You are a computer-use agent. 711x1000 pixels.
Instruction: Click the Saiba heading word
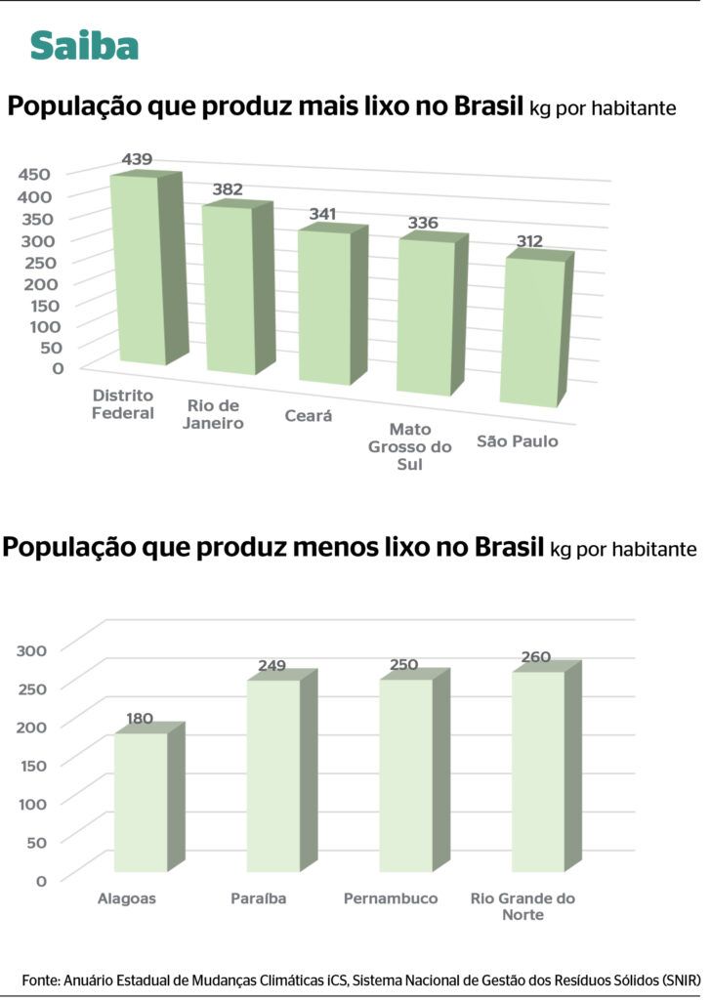84,45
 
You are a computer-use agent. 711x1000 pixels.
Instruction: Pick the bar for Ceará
325,307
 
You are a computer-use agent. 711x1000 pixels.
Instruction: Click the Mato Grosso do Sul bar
425,316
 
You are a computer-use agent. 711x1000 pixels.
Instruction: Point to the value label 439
137,159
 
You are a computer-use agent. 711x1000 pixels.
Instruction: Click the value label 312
530,241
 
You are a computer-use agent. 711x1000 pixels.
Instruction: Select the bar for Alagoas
141,802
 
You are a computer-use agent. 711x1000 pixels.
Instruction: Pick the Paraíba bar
272,775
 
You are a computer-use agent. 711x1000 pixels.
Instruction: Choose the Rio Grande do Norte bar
537,771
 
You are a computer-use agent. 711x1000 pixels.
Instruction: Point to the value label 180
140,719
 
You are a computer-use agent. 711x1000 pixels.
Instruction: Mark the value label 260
536,657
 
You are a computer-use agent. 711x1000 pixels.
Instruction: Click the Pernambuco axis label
391,898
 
